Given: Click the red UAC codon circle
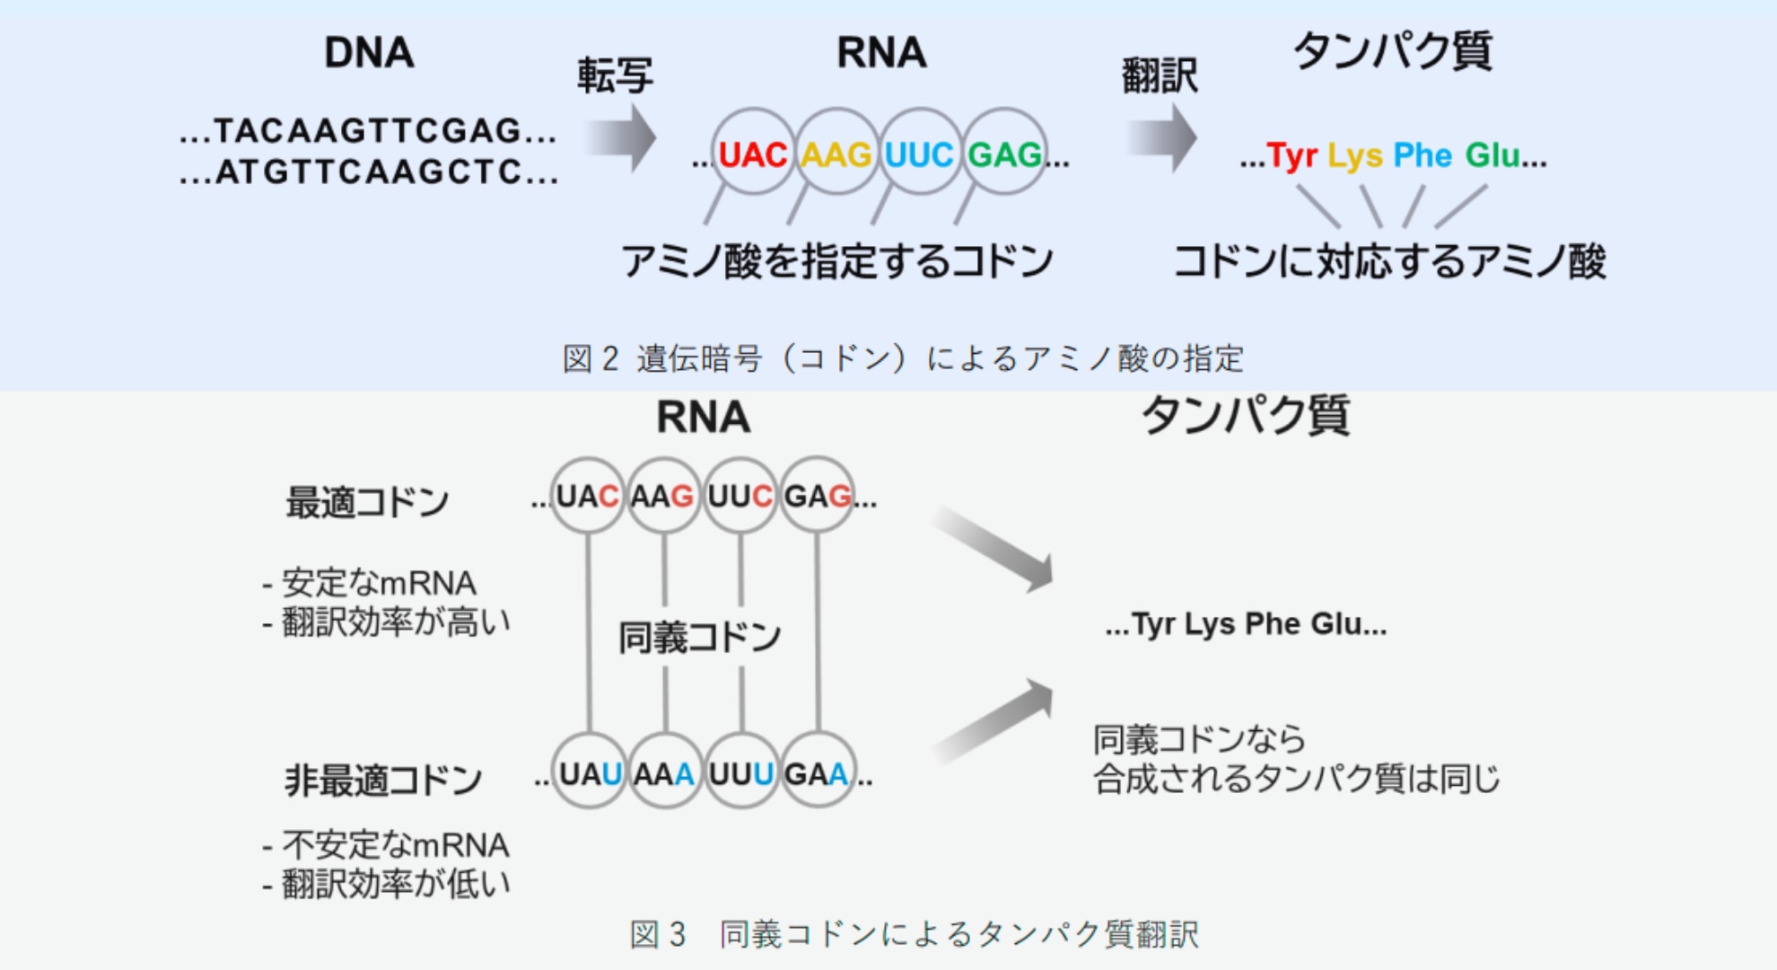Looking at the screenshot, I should pos(752,154).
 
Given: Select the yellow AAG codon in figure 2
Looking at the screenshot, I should pos(836,154).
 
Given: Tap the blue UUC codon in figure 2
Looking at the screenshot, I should pos(919,154).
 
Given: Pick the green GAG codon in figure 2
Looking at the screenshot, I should pos(1004,154).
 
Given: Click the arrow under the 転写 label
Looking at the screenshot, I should pos(620,137).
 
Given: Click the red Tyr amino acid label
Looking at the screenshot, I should pos(1291,156).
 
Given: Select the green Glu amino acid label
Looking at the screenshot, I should pos(1493,155).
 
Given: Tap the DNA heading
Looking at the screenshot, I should pos(369,52).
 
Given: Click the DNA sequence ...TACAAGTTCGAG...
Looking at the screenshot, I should pos(368,131).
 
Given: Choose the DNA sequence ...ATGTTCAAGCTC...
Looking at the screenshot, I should pos(368,172).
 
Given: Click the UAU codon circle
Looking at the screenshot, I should pos(589,772).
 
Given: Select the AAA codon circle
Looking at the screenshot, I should pos(664,772).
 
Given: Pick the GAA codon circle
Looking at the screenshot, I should pos(817,772).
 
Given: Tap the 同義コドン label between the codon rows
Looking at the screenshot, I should pos(699,638).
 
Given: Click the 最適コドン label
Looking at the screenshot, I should pos(367,502).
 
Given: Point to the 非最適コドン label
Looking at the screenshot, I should pos(383,780).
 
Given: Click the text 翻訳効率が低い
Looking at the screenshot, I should pos(395,884).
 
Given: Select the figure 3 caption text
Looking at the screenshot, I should pos(914,934).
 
